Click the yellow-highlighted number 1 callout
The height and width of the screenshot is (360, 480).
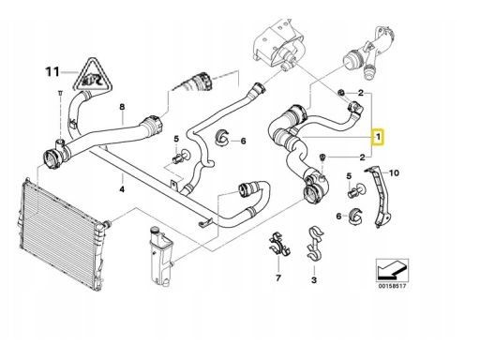point(378,137)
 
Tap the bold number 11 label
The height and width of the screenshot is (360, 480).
point(52,72)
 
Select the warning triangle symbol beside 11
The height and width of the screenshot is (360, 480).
point(92,75)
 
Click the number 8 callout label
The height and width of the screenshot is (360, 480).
point(122,107)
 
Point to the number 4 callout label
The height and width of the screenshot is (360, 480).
point(122,189)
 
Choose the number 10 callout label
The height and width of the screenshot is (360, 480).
point(394,172)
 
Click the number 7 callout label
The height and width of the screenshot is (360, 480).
point(278,277)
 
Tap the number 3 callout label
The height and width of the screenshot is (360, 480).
point(314,279)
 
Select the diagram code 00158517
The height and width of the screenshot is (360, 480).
point(392,286)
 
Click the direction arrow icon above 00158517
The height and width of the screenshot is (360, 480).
point(392,270)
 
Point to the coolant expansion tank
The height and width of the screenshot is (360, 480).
point(160,256)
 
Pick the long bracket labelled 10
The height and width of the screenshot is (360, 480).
point(380,197)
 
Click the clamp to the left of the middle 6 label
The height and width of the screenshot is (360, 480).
point(222,138)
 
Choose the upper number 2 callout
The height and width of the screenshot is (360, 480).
point(361,93)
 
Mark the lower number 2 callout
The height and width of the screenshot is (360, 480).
point(362,157)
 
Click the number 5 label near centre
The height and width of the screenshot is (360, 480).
point(176,139)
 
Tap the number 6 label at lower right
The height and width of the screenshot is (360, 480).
point(339,216)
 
